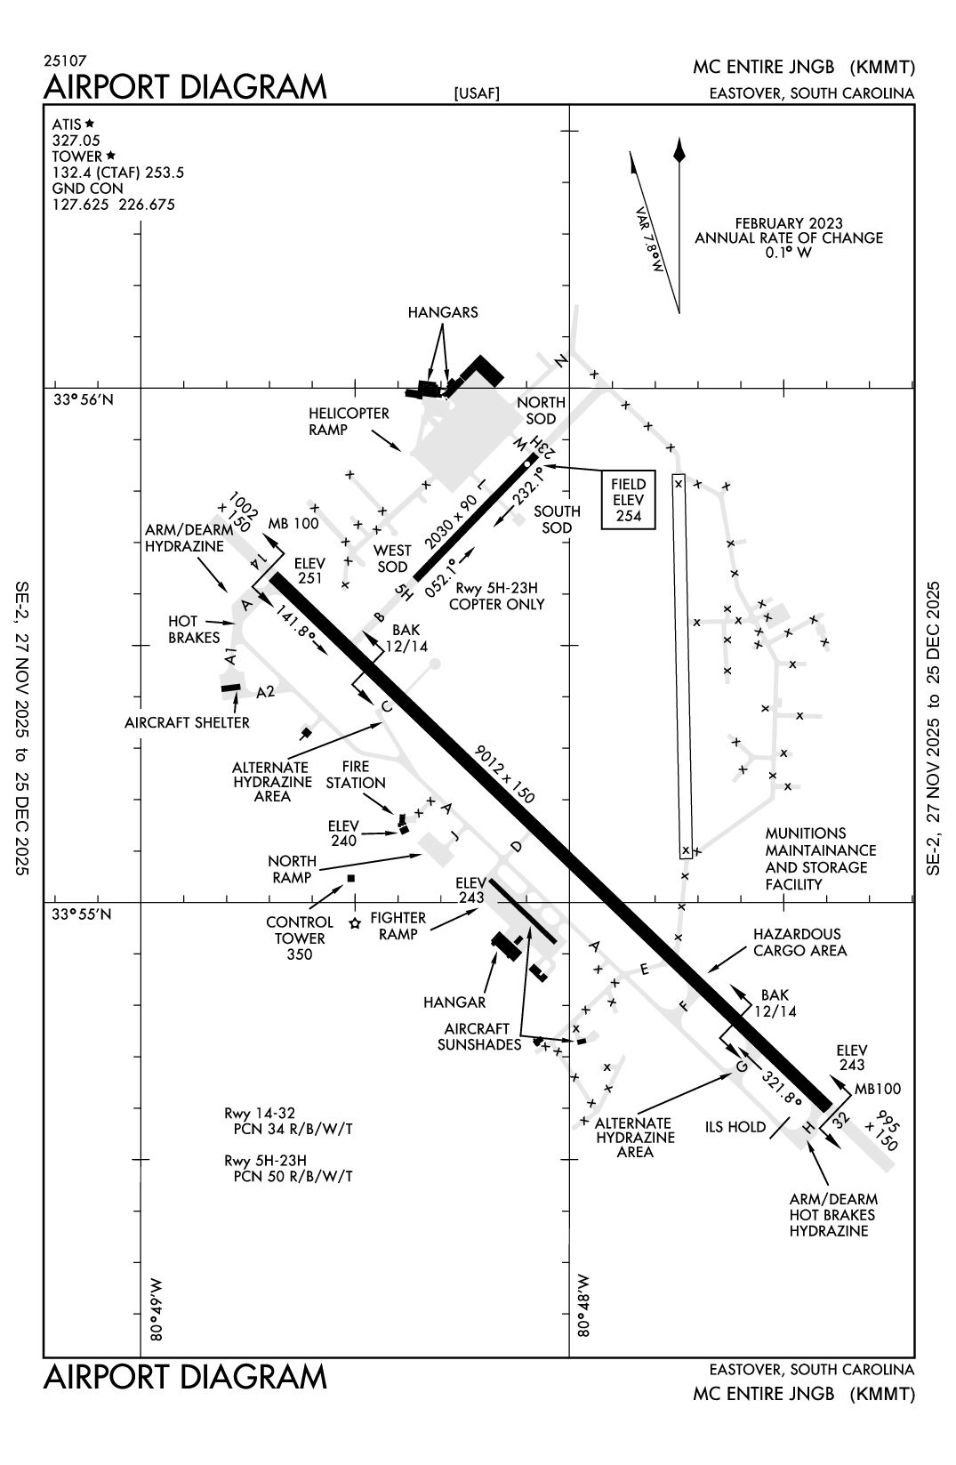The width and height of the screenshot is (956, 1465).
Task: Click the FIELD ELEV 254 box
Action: [629, 500]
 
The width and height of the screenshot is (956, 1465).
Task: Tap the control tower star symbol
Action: [355, 923]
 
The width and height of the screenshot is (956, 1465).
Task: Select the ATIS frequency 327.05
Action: [76, 141]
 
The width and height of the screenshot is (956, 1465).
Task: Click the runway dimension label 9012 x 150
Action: [504, 775]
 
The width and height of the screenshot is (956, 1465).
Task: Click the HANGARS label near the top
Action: [443, 312]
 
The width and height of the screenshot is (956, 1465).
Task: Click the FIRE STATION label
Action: [356, 775]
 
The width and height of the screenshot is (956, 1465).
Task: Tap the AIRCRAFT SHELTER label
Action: [188, 722]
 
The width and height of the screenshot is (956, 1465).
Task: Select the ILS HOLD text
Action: [735, 1127]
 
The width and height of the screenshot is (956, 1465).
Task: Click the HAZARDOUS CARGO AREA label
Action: [799, 942]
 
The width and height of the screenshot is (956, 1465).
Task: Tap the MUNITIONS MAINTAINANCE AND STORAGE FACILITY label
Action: [820, 858]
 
